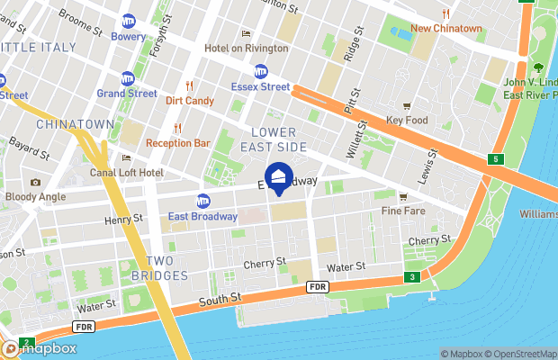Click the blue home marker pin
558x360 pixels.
click(x=278, y=178)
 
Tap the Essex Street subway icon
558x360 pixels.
click(x=261, y=70)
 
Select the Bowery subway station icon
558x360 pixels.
click(x=129, y=21)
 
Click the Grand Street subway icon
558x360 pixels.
click(x=129, y=77)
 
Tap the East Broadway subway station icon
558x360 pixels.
click(x=203, y=201)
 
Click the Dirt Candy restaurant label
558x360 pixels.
click(x=190, y=101)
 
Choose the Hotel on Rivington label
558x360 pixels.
click(x=246, y=48)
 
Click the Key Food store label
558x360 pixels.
click(x=406, y=120)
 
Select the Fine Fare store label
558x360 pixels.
click(x=402, y=211)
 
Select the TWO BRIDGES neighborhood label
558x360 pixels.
click(x=160, y=268)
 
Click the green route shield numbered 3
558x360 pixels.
click(x=410, y=277)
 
